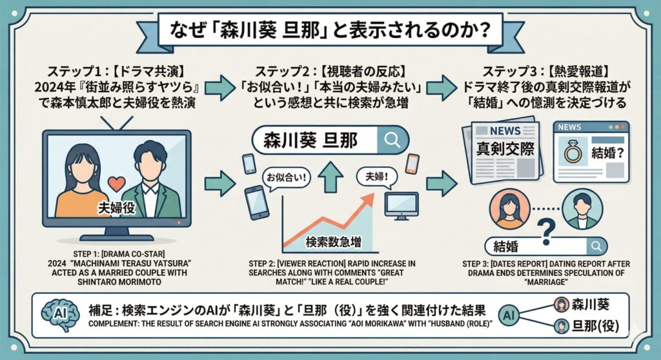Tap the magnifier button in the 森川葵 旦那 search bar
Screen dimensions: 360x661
pyautogui.click(x=391, y=139)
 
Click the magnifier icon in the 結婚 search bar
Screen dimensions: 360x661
pyautogui.click(x=596, y=246)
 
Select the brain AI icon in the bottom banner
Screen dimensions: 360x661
pyautogui.click(x=59, y=312)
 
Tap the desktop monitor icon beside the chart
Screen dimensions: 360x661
pyautogui.click(x=402, y=206)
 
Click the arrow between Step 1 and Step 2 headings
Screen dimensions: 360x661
pyautogui.click(x=219, y=88)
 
